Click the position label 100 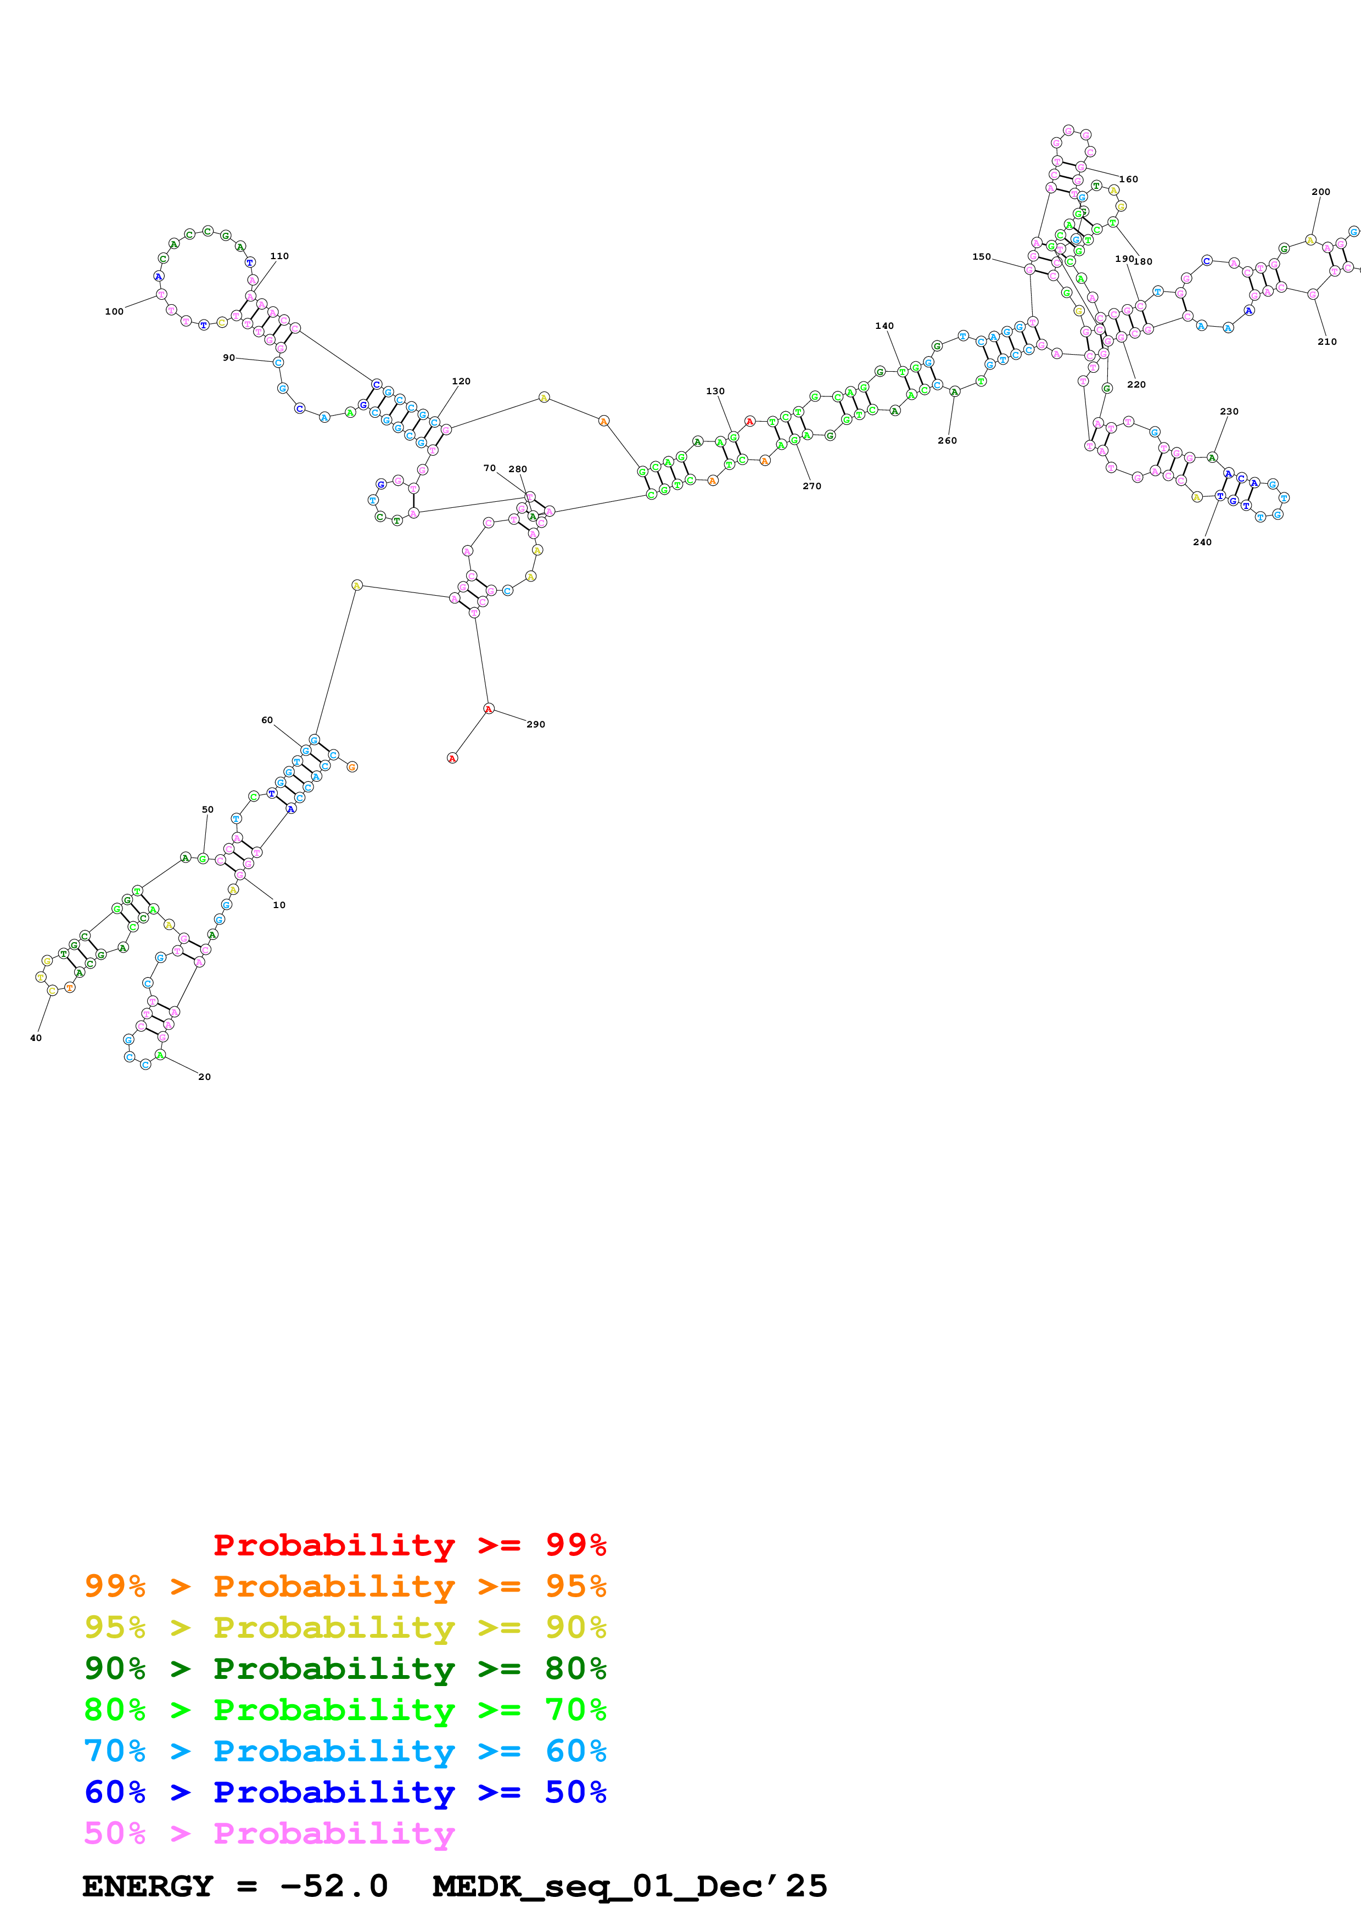(114, 311)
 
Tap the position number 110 (279, 256)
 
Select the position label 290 (536, 724)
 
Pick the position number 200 (1321, 191)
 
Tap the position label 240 (1202, 542)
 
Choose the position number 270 (812, 486)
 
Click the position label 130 (715, 391)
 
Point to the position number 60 (267, 720)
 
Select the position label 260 (946, 440)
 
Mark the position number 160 (1129, 178)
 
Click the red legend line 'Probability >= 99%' (409, 1545)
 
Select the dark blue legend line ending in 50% (345, 1792)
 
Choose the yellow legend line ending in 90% (345, 1627)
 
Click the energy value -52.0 (334, 1886)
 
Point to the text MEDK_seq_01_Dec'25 (630, 1886)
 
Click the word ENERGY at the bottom (148, 1886)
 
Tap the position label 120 (461, 381)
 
